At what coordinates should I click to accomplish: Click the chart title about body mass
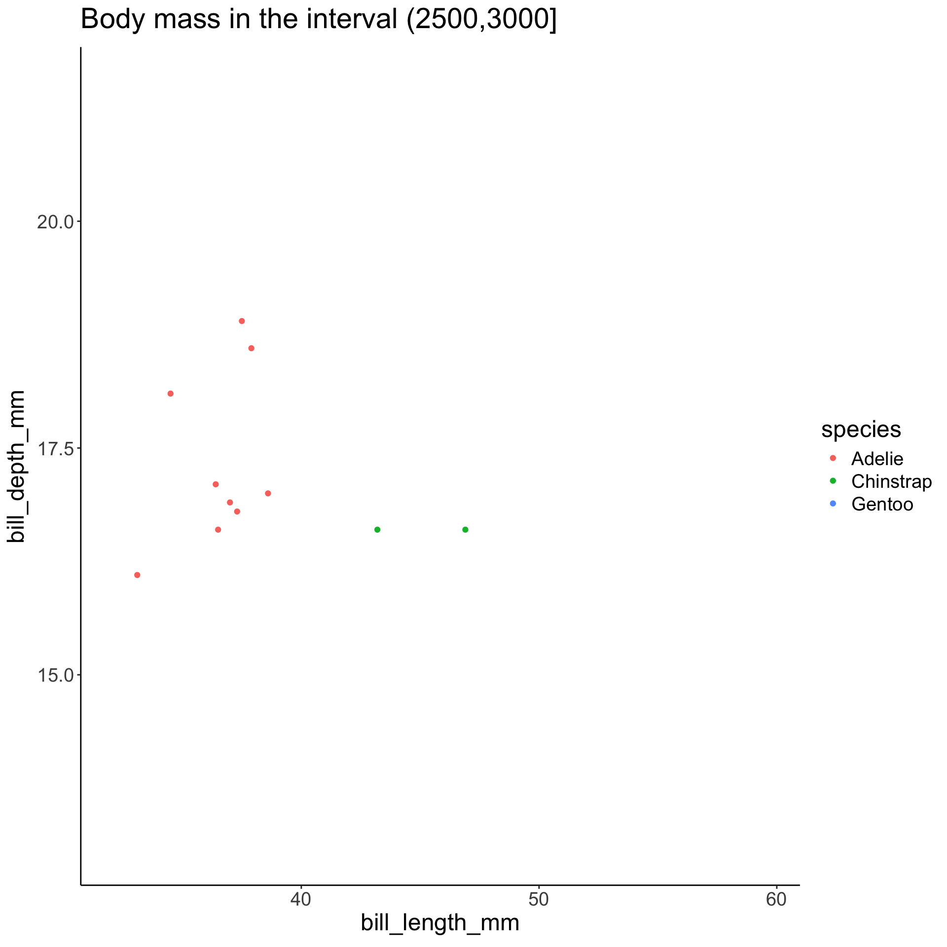click(x=318, y=21)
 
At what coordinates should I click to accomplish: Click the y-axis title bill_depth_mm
click(x=17, y=466)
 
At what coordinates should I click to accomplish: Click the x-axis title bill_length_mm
click(x=439, y=922)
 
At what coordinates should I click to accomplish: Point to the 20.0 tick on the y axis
click(x=55, y=221)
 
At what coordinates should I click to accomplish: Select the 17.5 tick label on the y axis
click(x=55, y=448)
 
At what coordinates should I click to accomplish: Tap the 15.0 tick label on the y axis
click(x=55, y=675)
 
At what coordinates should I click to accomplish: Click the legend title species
click(x=861, y=430)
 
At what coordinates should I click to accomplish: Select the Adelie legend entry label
click(x=877, y=459)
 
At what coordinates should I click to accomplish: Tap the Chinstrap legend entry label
click(x=891, y=481)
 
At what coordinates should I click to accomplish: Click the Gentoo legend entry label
click(x=882, y=504)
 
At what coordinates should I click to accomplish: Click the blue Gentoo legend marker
click(x=833, y=504)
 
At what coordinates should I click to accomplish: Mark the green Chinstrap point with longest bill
click(x=465, y=530)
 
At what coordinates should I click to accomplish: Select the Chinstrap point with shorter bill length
click(x=377, y=530)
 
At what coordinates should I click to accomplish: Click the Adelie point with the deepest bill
click(x=242, y=321)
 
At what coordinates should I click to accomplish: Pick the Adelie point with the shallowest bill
click(x=137, y=575)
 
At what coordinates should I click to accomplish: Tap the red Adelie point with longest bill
click(x=268, y=493)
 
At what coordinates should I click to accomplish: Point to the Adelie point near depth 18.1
click(x=170, y=394)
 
